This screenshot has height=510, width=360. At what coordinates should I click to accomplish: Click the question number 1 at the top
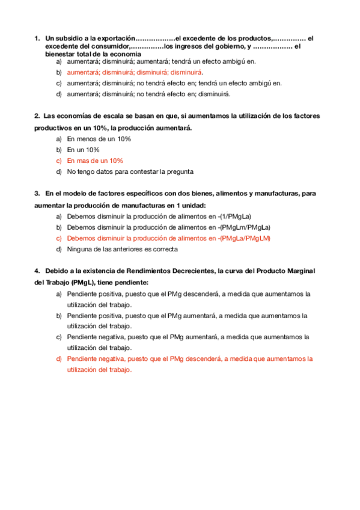(x=37, y=39)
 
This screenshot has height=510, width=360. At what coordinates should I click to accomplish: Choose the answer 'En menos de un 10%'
(x=99, y=139)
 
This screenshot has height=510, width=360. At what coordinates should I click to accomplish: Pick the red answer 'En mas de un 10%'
(x=95, y=161)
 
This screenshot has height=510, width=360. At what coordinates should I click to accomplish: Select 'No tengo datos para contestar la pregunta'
(x=130, y=171)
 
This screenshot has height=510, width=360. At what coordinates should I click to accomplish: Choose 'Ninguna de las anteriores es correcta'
(x=123, y=249)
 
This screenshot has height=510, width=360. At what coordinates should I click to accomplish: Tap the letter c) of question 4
(x=59, y=337)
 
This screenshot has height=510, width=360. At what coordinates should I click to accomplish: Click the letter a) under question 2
(x=59, y=139)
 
